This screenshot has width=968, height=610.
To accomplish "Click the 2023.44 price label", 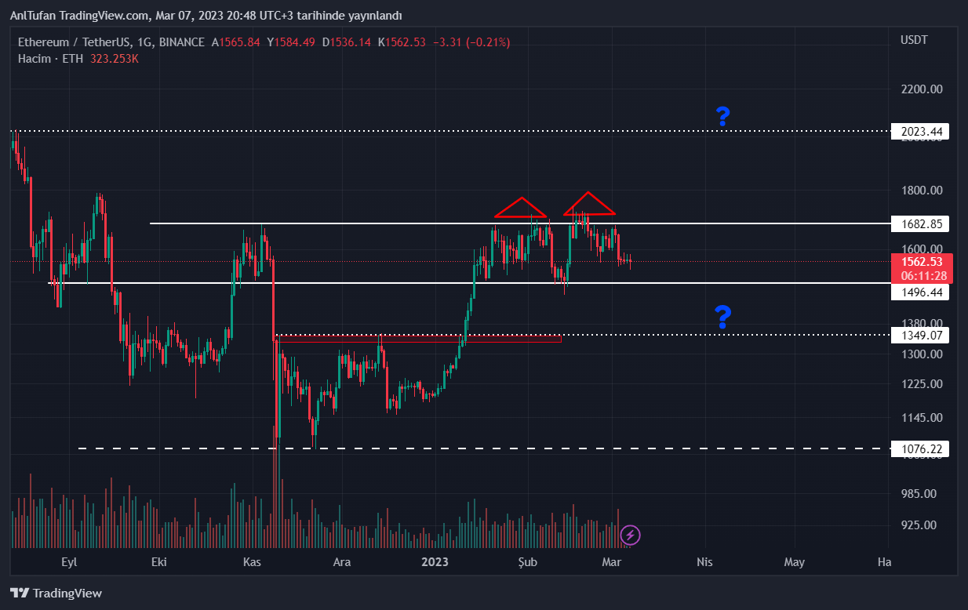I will pos(921,132).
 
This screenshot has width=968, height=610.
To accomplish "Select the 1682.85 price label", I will pos(921,225).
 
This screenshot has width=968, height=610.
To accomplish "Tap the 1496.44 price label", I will pos(921,292).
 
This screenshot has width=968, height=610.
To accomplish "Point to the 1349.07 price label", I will pos(921,336).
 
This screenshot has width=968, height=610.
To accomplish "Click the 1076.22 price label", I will pos(921,449).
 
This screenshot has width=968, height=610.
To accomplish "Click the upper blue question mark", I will pos(722,117).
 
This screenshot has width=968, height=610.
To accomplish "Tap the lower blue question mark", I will pos(722,317).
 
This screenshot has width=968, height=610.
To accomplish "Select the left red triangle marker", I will pos(520,208).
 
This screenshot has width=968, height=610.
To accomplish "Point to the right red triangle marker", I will pos(588,204).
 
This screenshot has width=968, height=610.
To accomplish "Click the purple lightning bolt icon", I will pos(631,536).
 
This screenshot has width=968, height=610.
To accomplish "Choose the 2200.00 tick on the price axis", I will pos(921,89).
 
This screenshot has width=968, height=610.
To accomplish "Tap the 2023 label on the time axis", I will pos(435,562).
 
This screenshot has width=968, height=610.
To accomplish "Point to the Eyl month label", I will pos(70,562).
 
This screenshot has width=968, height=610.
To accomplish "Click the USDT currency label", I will pos(914,40).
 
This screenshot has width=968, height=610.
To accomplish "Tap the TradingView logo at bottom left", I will pos(56,594).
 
